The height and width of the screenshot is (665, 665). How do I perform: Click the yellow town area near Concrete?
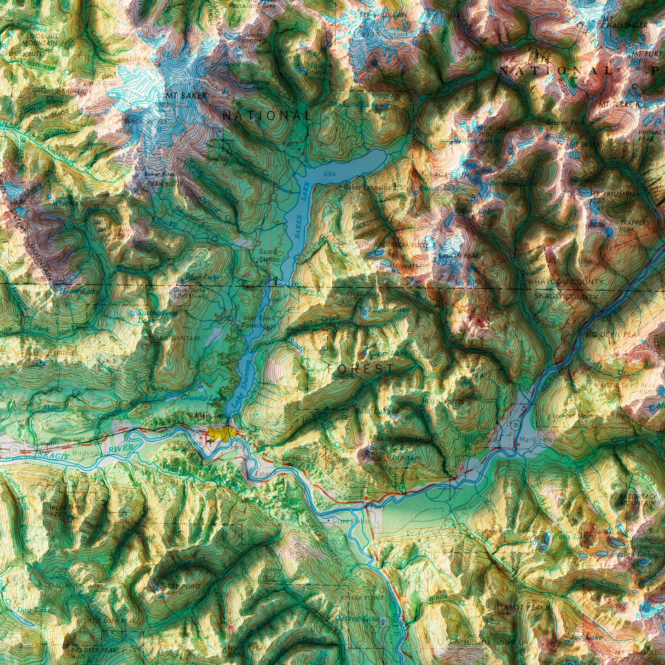click(220, 432)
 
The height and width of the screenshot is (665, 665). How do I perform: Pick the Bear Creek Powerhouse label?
click(260, 322)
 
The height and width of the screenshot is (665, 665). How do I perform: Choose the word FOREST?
click(361, 369)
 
